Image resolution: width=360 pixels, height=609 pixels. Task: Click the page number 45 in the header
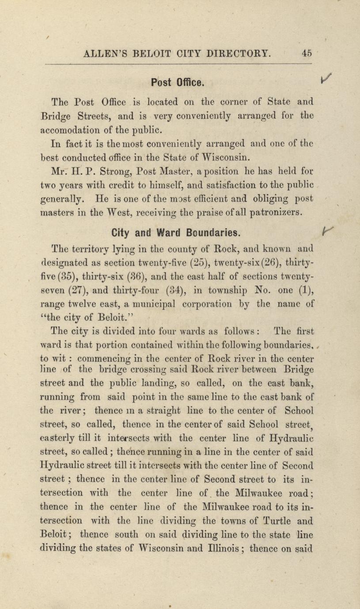pos(307,53)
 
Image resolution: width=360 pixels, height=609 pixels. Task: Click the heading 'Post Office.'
pos(177,82)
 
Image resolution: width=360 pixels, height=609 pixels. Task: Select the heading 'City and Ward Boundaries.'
pos(177,232)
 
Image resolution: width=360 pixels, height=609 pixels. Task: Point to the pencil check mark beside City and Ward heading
pos(327,230)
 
